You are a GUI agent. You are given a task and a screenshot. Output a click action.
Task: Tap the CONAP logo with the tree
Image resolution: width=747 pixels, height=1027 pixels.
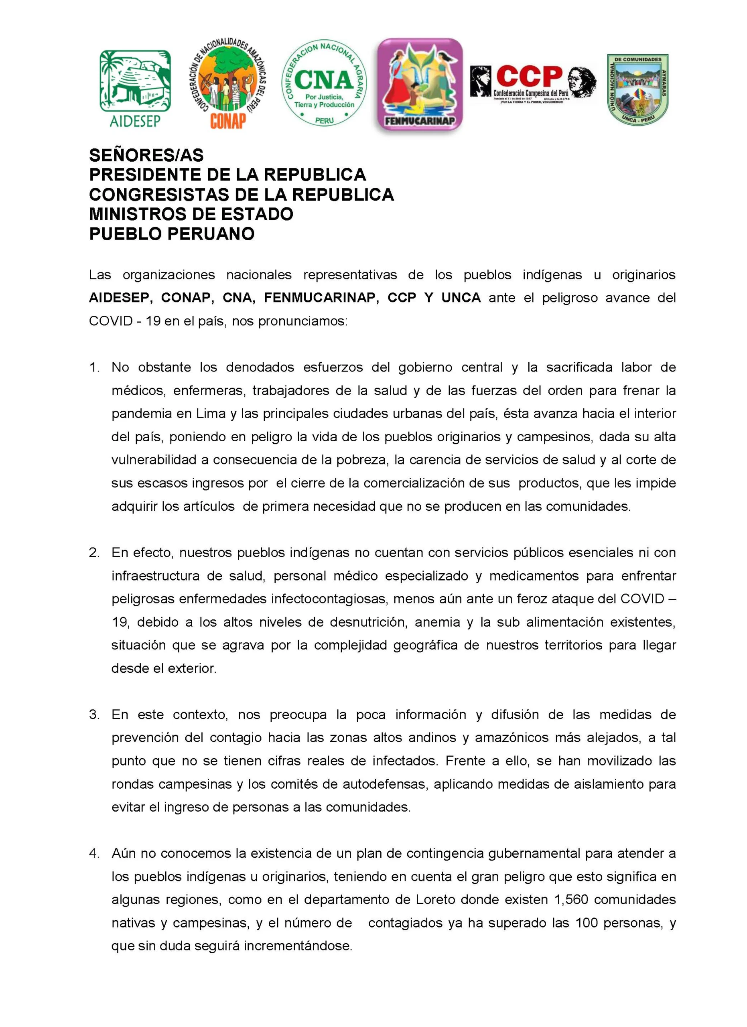tap(227, 84)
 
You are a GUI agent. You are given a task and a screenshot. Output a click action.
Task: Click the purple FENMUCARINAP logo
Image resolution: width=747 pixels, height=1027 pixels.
tap(420, 85)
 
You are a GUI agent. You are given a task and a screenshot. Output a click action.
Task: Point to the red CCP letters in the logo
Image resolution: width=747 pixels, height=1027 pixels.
tap(529, 76)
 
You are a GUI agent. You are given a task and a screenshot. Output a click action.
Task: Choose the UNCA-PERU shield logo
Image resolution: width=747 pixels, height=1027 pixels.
tap(637, 89)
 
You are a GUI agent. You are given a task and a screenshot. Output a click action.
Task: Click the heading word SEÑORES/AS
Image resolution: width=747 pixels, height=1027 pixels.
tap(146, 155)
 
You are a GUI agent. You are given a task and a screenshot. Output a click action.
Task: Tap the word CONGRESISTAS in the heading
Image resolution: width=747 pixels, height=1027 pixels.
tap(160, 195)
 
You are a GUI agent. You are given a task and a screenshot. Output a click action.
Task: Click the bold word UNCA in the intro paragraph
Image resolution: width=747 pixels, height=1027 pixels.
tap(461, 298)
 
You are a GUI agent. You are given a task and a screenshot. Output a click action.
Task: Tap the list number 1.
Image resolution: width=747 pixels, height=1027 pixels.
tap(94, 367)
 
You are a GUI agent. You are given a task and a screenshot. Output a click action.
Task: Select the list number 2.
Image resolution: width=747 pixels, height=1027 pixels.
tap(94, 552)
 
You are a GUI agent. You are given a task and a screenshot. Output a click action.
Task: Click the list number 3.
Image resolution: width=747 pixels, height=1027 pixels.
tap(94, 714)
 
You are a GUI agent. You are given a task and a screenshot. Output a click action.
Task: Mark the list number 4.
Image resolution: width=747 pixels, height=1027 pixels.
tap(94, 854)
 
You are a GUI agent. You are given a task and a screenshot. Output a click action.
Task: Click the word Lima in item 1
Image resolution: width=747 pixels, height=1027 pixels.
tap(210, 414)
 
